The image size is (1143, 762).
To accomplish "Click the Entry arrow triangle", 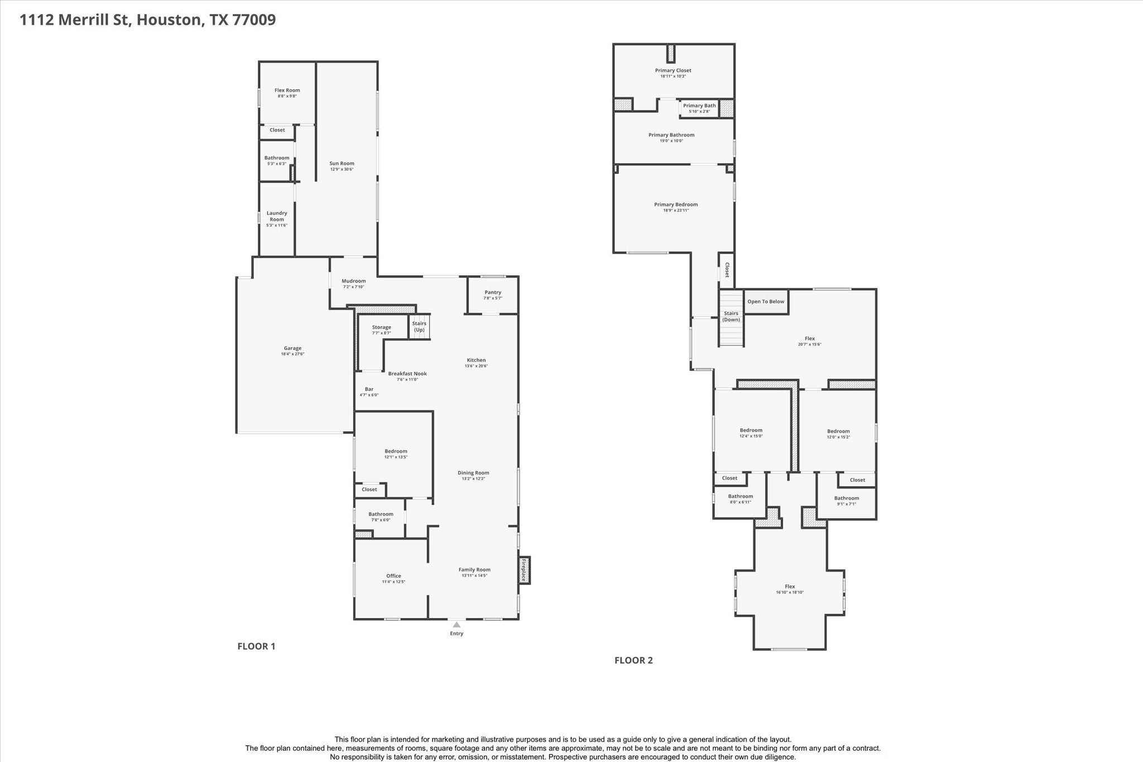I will point(457,625).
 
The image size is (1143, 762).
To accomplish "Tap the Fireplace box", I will point(524,571).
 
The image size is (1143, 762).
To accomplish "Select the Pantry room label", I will point(493,293).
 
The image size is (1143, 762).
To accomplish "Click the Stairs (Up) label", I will point(419,327).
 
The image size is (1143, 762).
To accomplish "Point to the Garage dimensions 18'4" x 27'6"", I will point(292,354).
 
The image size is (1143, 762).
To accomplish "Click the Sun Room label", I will point(342,164).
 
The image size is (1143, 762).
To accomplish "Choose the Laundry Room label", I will point(277,216).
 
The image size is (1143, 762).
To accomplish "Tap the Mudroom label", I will point(354,281).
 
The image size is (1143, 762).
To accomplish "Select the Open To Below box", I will point(766,301).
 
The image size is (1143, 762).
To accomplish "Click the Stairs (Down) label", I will point(731,317).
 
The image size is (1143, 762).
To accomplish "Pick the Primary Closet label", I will point(673,70).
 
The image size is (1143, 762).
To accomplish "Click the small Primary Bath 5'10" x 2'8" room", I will point(699,108).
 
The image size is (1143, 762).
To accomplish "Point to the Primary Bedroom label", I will point(676,204).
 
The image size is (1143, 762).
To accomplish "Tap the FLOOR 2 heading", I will point(633,660).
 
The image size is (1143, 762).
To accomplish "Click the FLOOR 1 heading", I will point(256,646).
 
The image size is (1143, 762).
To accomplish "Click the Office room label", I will point(393,576).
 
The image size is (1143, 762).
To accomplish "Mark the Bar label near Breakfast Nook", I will point(369,389).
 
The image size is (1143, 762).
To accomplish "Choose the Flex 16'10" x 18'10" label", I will point(790,587).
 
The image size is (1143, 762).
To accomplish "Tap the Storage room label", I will point(382,327).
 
